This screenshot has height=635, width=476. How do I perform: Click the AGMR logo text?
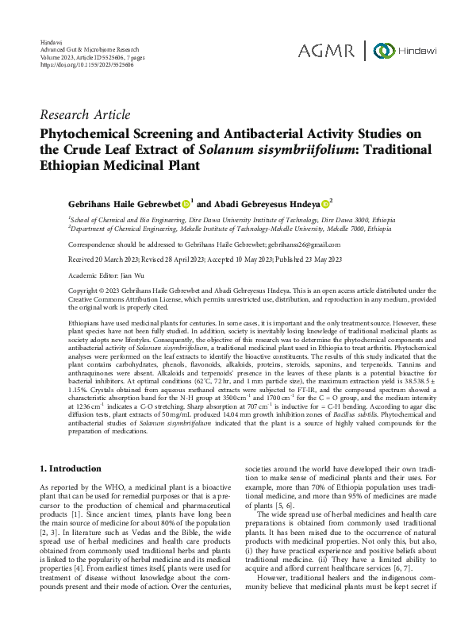pyautogui.click(x=327, y=51)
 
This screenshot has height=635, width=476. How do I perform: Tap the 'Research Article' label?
pyautogui.click(x=85, y=115)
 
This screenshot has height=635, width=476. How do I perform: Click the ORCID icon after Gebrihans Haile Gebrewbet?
pyautogui.click(x=185, y=204)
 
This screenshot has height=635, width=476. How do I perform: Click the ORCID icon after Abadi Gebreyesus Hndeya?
pyautogui.click(x=323, y=204)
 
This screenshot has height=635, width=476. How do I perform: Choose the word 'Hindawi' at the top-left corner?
pyautogui.click(x=51, y=40)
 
